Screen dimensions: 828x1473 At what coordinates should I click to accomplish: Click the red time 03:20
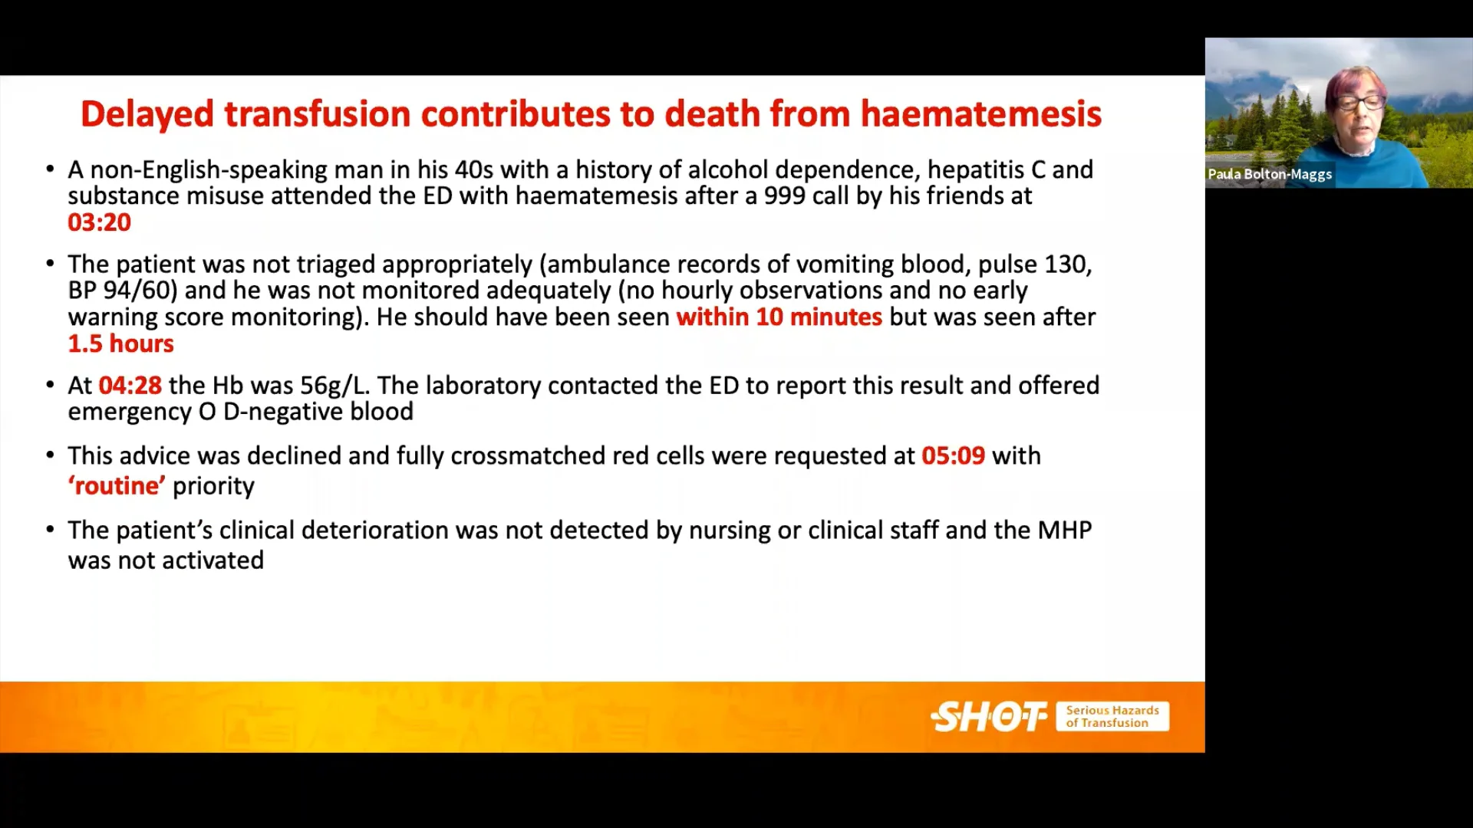(99, 222)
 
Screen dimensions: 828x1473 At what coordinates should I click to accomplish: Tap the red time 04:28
(130, 385)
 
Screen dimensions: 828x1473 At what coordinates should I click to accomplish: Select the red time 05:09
(953, 455)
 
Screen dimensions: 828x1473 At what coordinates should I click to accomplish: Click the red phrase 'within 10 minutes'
(779, 317)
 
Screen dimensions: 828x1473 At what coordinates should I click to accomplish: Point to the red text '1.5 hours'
(120, 343)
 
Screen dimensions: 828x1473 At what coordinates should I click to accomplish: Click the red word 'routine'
(117, 486)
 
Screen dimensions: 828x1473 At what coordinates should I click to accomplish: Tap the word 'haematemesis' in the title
(980, 114)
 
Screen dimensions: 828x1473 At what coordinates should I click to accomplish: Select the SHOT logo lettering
(988, 717)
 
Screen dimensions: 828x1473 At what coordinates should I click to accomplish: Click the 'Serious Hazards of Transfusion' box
(1112, 717)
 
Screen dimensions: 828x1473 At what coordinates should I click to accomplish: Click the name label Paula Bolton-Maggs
(1270, 174)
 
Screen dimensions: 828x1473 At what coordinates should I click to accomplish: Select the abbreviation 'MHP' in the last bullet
(1064, 531)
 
